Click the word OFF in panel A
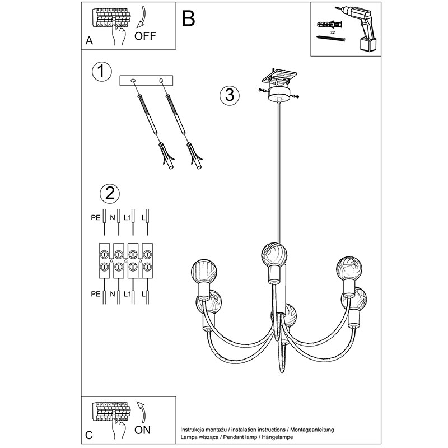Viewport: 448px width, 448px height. (145, 36)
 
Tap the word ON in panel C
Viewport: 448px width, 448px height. (142, 430)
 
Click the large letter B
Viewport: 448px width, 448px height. (188, 18)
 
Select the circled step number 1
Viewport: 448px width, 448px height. (102, 71)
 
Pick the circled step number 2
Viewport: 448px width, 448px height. (110, 193)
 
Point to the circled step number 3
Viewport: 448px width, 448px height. (230, 95)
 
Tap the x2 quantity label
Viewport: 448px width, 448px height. (333, 33)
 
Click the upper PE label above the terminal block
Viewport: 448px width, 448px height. (96, 218)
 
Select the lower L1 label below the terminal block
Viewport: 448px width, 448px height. (127, 294)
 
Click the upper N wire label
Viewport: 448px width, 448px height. (113, 218)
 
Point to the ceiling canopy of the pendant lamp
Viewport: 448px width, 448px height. (278, 95)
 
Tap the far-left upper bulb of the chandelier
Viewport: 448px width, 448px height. (204, 271)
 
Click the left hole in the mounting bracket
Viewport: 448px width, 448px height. (133, 81)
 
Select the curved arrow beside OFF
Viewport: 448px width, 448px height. (142, 18)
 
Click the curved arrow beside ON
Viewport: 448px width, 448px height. (143, 412)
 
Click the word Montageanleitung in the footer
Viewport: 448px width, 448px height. (312, 430)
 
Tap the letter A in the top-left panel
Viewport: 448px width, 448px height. (89, 40)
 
